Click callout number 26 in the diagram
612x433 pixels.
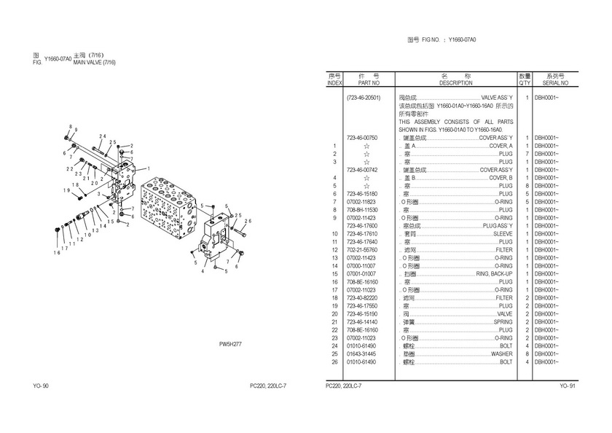247,221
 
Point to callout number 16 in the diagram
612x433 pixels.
56,252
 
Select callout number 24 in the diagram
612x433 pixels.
103,136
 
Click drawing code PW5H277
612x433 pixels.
230,344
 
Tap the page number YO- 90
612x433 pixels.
41,385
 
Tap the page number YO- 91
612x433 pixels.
568,385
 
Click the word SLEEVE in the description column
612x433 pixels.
503,233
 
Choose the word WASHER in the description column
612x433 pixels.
501,354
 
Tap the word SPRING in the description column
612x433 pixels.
503,321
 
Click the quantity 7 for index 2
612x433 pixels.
526,153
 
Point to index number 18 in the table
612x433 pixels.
334,297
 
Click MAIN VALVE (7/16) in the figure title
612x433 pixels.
95,62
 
